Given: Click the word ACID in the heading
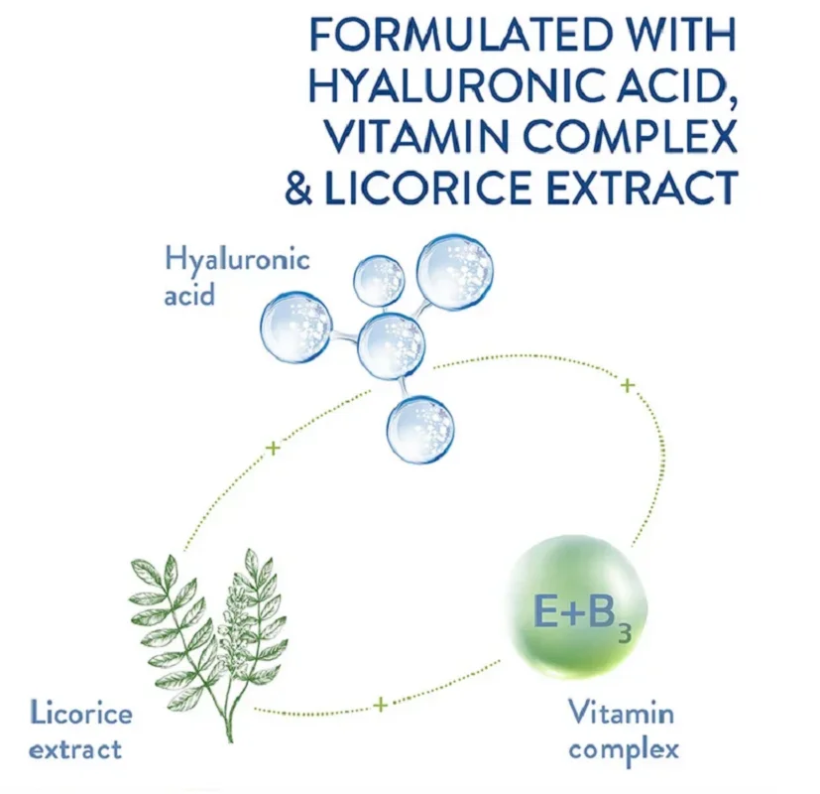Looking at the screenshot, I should click(x=675, y=86).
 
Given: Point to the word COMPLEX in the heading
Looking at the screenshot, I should click(x=635, y=136).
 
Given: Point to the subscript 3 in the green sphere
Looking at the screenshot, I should click(x=624, y=631).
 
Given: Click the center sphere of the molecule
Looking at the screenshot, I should click(x=391, y=346).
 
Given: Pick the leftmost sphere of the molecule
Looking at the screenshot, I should click(x=295, y=326).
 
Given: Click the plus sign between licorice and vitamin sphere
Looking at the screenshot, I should click(x=380, y=706).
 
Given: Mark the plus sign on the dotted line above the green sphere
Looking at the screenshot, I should click(x=626, y=385).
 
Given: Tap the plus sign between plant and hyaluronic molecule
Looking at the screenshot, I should click(x=274, y=449).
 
